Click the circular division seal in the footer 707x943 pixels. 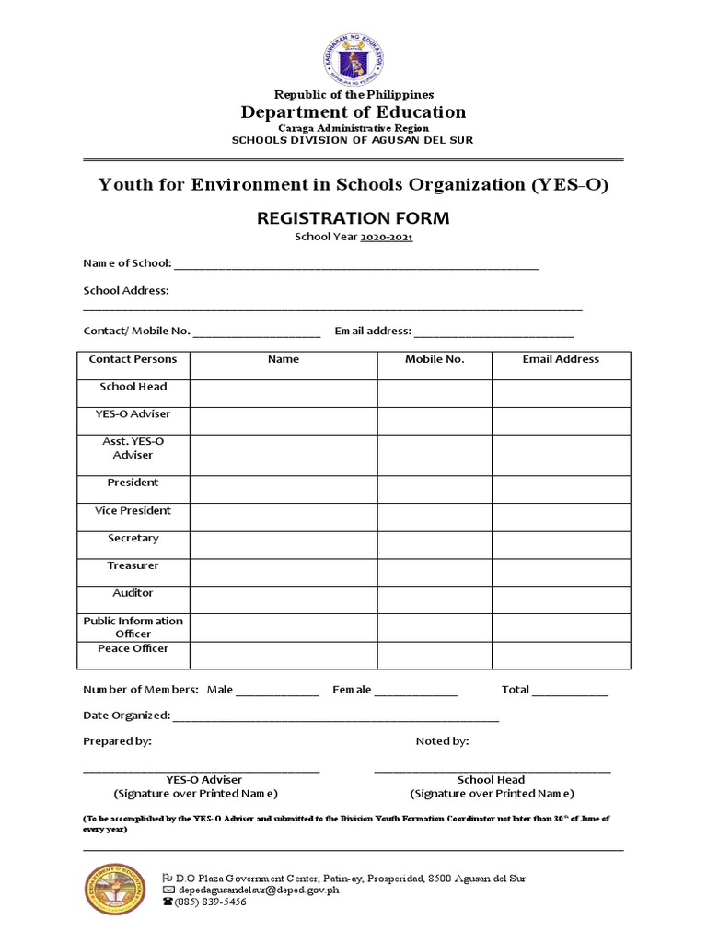[115, 890]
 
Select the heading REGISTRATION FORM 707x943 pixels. [353, 218]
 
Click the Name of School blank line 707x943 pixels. [356, 265]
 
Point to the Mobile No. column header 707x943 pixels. [435, 359]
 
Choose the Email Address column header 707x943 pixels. [561, 359]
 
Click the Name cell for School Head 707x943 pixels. [284, 393]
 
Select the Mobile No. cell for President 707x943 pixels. [435, 489]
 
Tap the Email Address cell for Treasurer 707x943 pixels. [561, 572]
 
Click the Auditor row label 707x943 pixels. [133, 593]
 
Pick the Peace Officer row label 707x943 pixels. [133, 648]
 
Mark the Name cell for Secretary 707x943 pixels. [284, 544]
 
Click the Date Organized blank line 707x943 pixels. [336, 716]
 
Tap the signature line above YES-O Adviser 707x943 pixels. [202, 769]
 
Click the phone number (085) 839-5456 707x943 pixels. [211, 902]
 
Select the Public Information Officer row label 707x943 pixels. [133, 627]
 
